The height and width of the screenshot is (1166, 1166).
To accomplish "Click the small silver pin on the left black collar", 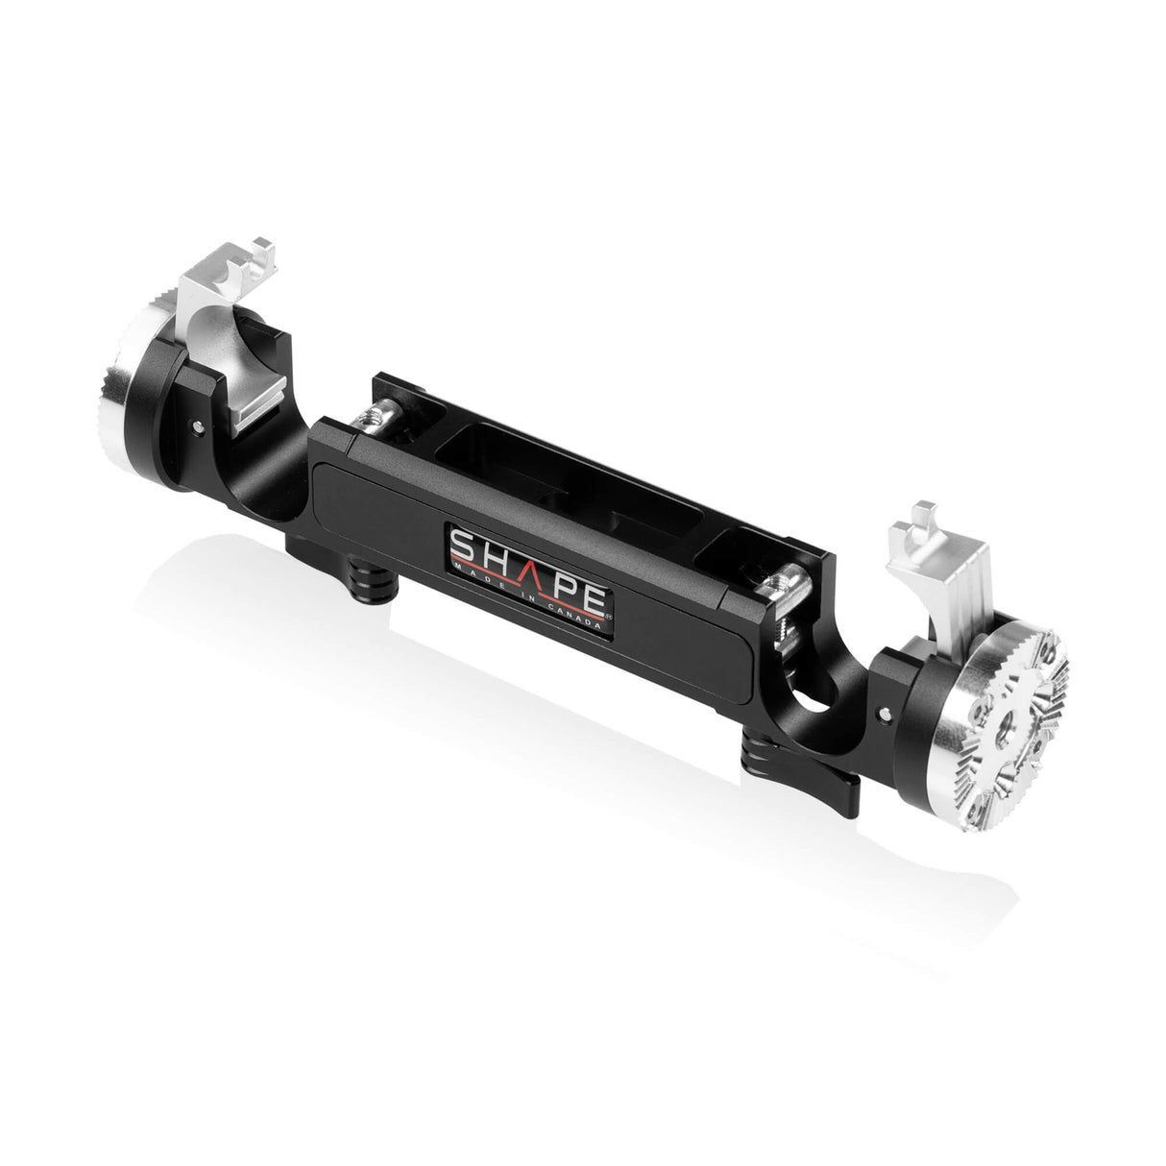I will click(196, 424).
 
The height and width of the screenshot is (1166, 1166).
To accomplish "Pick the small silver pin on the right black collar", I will click(884, 713).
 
